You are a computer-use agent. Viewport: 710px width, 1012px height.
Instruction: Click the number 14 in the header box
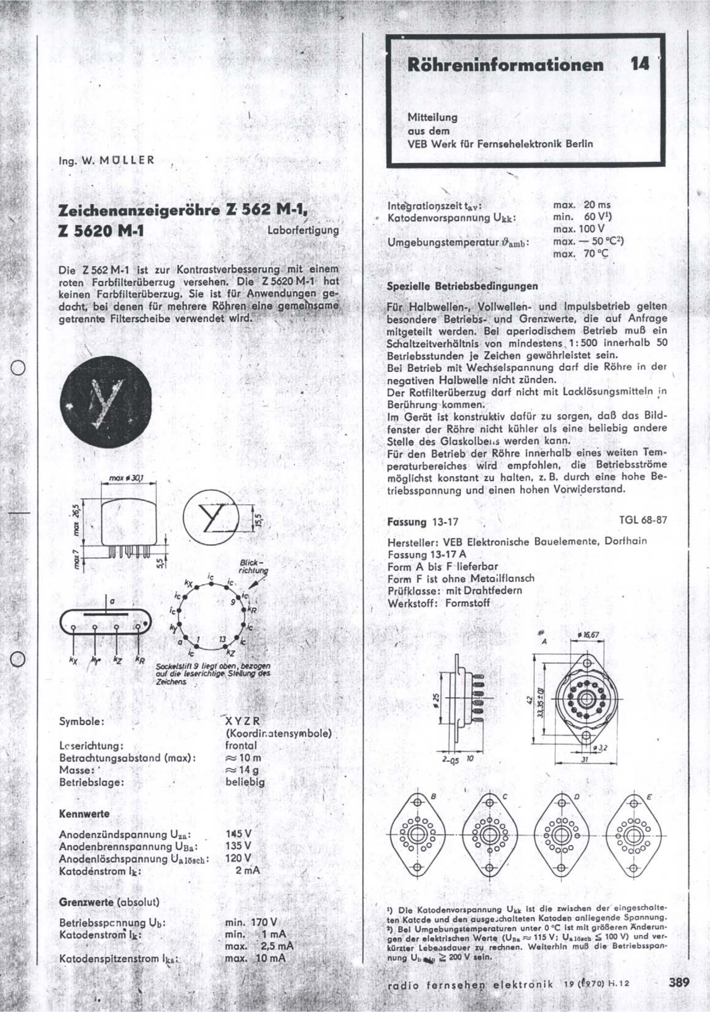pyautogui.click(x=640, y=65)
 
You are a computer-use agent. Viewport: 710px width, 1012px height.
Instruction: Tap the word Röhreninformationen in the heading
pyautogui.click(x=506, y=65)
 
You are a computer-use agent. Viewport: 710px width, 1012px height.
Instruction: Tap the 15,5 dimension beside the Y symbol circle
pyautogui.click(x=259, y=520)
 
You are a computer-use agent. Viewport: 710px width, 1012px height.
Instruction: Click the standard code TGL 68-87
pyautogui.click(x=643, y=520)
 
